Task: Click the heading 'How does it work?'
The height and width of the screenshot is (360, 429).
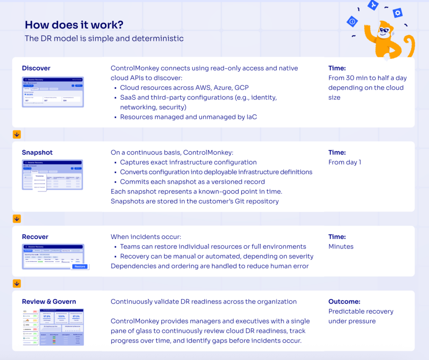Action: click(x=74, y=25)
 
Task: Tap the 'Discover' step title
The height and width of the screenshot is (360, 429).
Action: click(x=36, y=68)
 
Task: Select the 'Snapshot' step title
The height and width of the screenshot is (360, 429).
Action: click(x=37, y=153)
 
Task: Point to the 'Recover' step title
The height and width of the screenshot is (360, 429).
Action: click(x=35, y=237)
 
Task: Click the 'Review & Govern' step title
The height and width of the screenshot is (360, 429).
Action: click(x=49, y=302)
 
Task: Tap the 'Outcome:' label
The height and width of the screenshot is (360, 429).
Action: click(x=344, y=302)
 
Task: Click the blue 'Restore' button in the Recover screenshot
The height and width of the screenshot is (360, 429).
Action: click(x=80, y=267)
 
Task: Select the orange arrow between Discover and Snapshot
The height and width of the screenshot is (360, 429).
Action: click(x=17, y=135)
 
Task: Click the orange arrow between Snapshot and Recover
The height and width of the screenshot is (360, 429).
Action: click(x=17, y=219)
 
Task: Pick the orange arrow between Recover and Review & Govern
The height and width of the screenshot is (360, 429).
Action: click(x=17, y=284)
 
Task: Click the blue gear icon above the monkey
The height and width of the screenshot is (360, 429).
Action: click(x=398, y=13)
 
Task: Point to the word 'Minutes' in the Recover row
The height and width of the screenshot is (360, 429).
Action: click(x=341, y=246)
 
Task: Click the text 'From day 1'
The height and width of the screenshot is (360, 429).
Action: click(x=345, y=162)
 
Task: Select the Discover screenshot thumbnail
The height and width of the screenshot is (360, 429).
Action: click(x=53, y=92)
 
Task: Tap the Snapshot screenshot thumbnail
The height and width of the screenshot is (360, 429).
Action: click(x=53, y=175)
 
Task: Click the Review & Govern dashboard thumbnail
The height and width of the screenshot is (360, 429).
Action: click(x=53, y=327)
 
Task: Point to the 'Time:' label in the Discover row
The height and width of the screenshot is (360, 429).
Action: click(x=337, y=68)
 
